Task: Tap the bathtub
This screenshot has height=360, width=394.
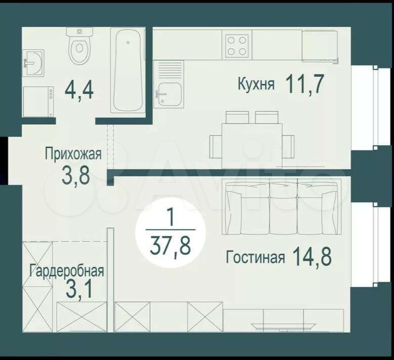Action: (x=128, y=70)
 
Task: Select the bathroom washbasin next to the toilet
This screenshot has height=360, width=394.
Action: (x=33, y=63)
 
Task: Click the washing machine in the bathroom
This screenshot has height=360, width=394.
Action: (x=38, y=102)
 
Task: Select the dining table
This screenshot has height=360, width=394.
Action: (x=252, y=146)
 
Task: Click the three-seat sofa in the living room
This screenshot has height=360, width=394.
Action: (x=281, y=206)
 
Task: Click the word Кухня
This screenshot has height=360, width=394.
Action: (x=256, y=84)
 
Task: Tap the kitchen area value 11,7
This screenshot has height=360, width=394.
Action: (x=304, y=84)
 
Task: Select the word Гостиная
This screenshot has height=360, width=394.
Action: (x=255, y=257)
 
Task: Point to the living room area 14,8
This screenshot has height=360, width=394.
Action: (x=312, y=256)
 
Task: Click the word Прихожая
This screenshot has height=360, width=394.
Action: (x=73, y=153)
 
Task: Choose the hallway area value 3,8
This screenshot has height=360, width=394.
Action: (x=76, y=176)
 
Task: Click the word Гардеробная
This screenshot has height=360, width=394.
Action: (x=67, y=271)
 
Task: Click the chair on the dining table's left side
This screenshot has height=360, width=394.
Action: (x=215, y=147)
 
